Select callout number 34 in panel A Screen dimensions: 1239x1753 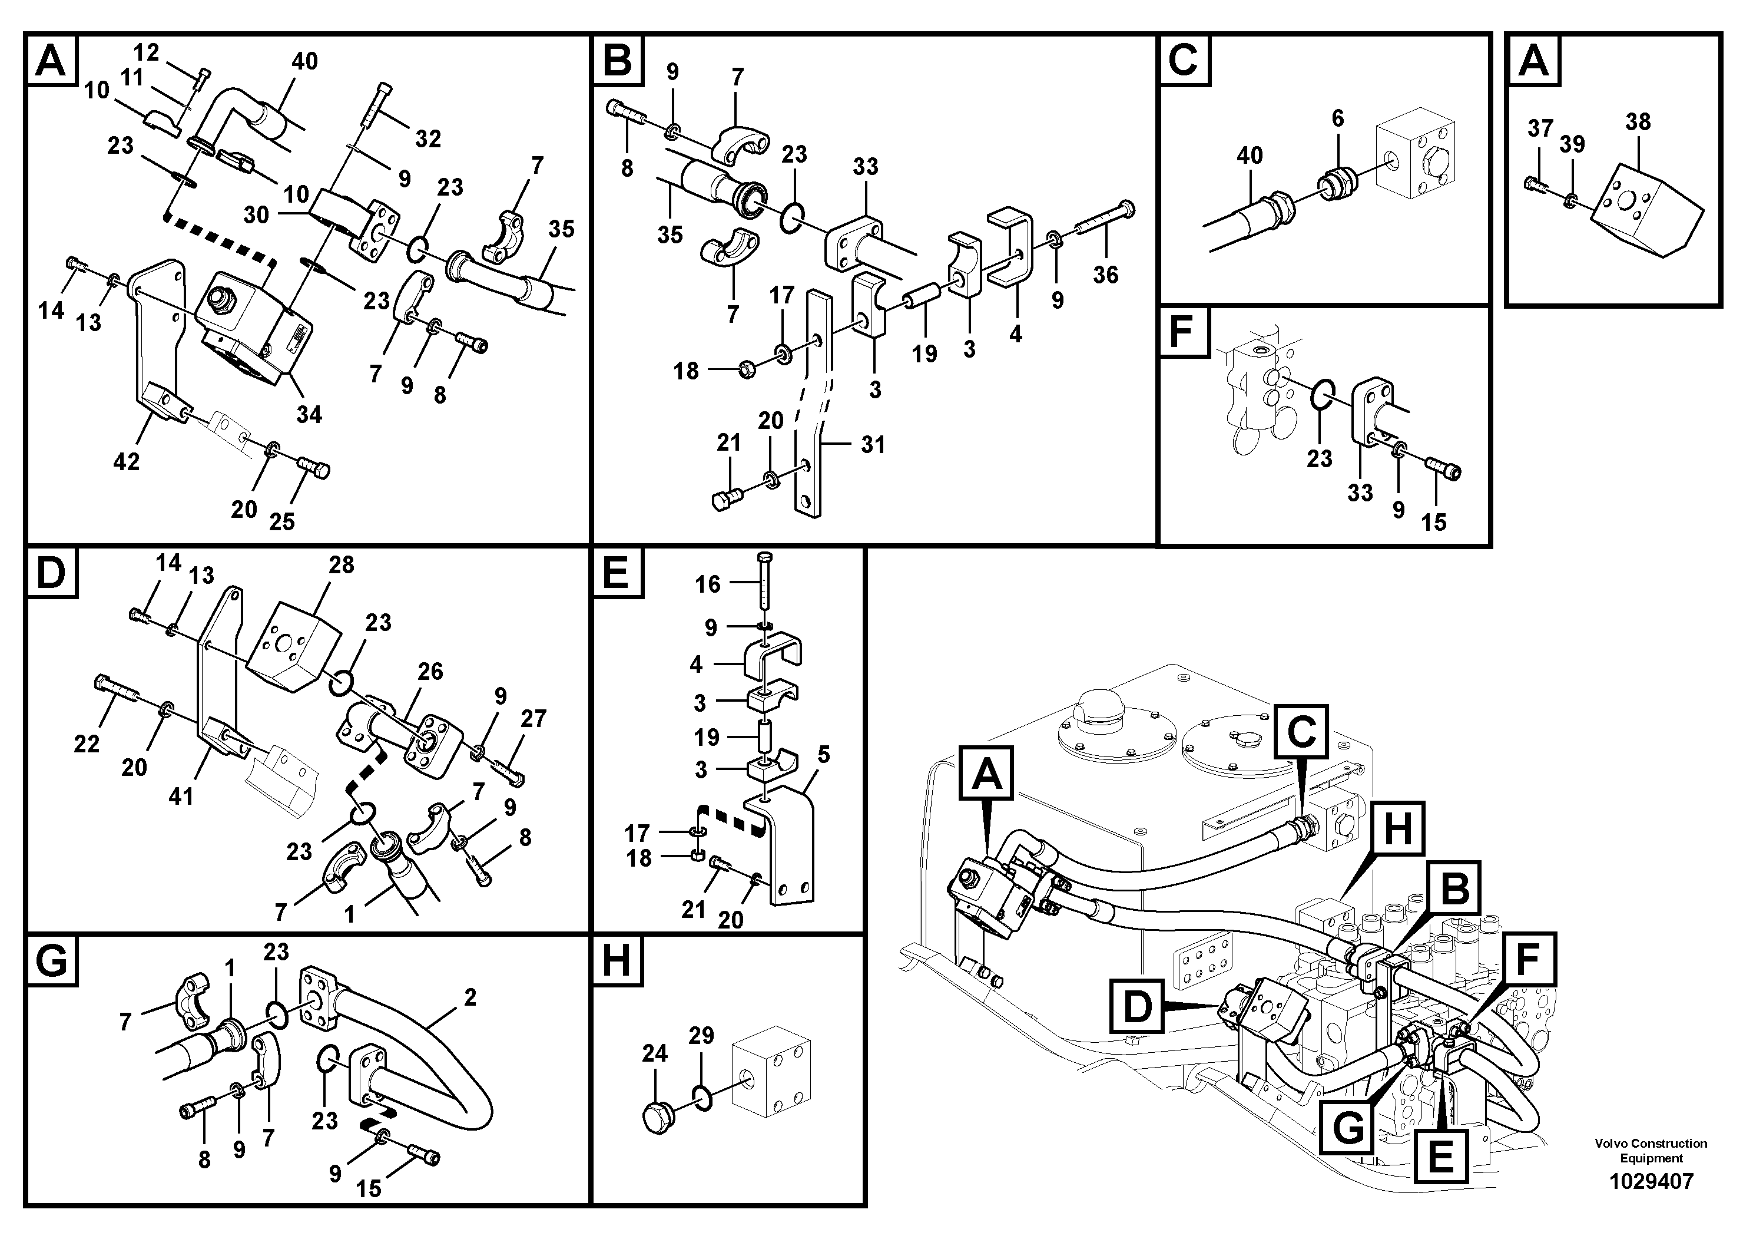(x=309, y=415)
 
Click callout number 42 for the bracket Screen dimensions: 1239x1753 (x=127, y=461)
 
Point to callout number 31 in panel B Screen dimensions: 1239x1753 (x=873, y=445)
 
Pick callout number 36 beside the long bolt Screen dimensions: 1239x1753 (x=1105, y=275)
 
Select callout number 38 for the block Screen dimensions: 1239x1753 (x=1638, y=122)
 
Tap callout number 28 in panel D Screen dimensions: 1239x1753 (x=342, y=564)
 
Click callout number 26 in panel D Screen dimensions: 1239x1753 (x=430, y=672)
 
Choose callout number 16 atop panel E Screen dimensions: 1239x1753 (x=707, y=584)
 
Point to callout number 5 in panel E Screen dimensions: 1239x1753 (x=823, y=755)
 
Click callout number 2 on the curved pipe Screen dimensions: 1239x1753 (x=469, y=997)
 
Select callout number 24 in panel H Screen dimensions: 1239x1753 (x=654, y=1054)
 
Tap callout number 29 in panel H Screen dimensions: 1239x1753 (x=701, y=1036)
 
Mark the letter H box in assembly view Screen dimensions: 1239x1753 (x=1397, y=829)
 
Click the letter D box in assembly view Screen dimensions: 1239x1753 (x=1138, y=1007)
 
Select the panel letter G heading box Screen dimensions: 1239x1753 (x=51, y=961)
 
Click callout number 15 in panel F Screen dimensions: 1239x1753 (x=1433, y=523)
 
